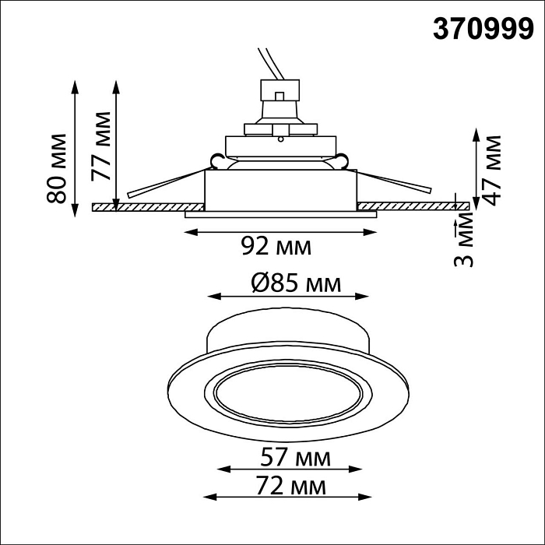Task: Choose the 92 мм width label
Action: [x=276, y=247]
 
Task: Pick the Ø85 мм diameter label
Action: [x=296, y=283]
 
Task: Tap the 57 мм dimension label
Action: [x=295, y=458]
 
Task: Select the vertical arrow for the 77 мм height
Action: [x=116, y=144]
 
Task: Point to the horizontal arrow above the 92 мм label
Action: [x=280, y=230]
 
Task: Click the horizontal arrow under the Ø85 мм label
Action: [x=287, y=297]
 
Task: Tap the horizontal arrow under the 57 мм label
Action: [x=289, y=470]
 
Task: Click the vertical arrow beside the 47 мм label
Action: [x=476, y=168]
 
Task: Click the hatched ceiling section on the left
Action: [x=148, y=207]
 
